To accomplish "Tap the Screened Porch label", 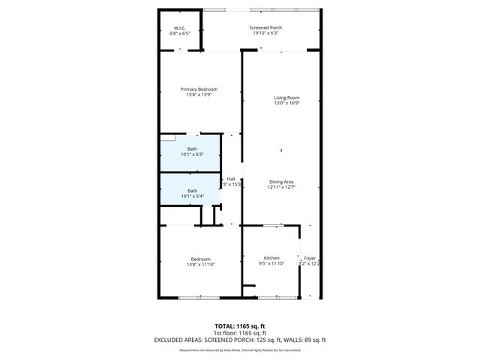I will pyautogui.click(x=265, y=28).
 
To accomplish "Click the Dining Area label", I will pyautogui.click(x=282, y=181).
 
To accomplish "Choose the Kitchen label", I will pyautogui.click(x=271, y=258).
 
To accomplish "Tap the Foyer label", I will pyautogui.click(x=310, y=258).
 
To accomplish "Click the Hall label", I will pyautogui.click(x=231, y=178).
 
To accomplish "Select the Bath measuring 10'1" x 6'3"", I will pyautogui.click(x=193, y=148).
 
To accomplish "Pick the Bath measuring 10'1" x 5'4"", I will pyautogui.click(x=193, y=190).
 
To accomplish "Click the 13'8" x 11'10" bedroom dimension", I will pyautogui.click(x=200, y=264).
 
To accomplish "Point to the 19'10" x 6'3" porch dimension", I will pyautogui.click(x=265, y=34).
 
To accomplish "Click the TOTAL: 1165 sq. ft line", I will pyautogui.click(x=240, y=325).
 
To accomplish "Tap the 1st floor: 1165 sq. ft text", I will pyautogui.click(x=240, y=332).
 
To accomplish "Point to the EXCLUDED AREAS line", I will pyautogui.click(x=240, y=340).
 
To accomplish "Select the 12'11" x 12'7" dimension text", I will pyautogui.click(x=282, y=187).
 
